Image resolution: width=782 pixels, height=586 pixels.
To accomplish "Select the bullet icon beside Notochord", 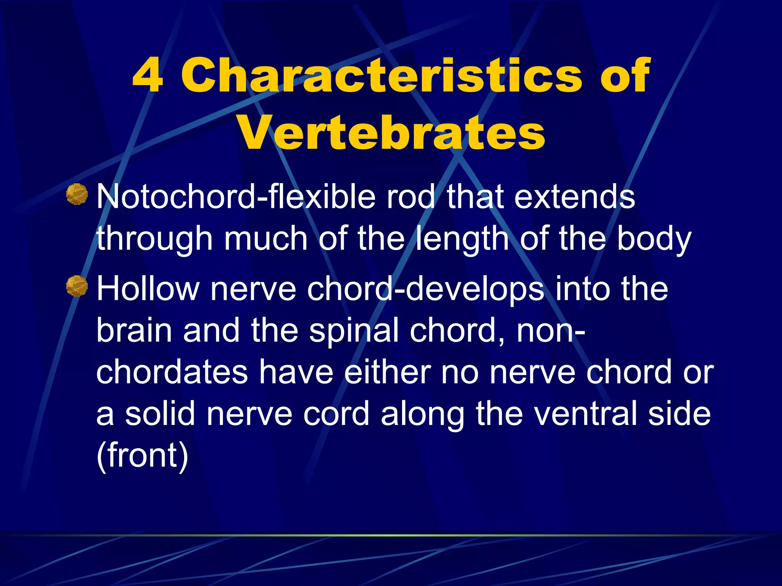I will [77, 194].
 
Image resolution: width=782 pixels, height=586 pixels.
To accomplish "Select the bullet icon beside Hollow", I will [77, 286].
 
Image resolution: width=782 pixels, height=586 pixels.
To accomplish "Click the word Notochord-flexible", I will [236, 197].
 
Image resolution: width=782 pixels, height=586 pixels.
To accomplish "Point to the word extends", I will [575, 197].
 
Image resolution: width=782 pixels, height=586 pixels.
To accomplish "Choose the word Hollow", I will [148, 289].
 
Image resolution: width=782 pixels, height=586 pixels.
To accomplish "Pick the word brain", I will [134, 330].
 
